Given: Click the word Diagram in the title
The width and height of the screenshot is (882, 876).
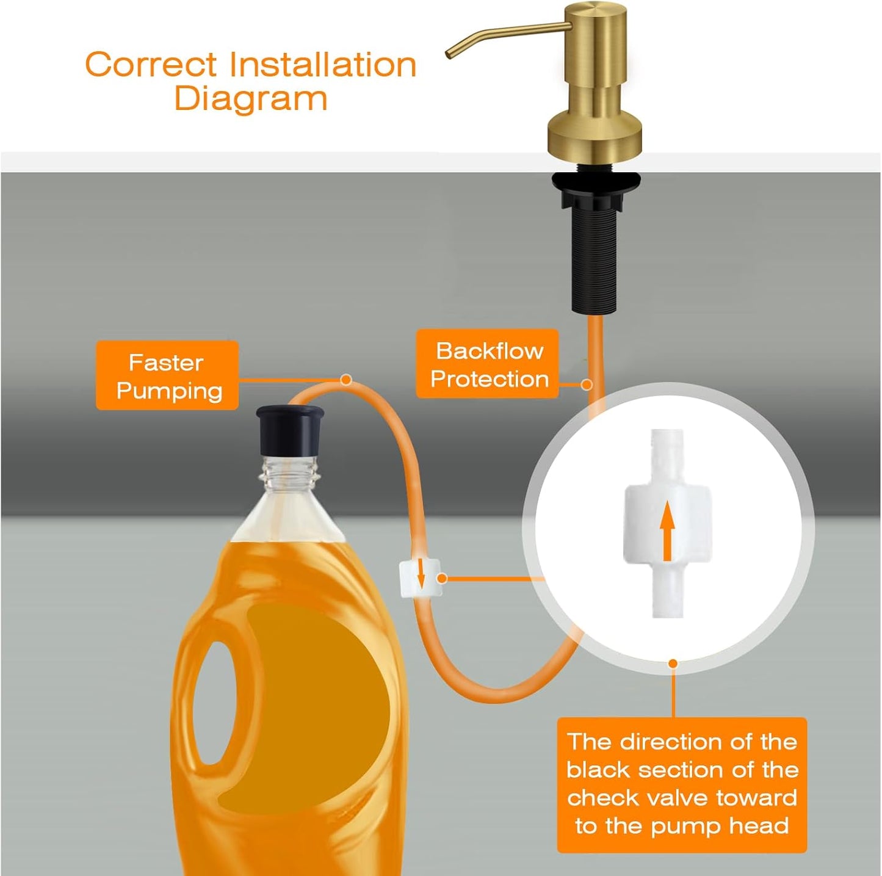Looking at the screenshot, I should (250, 99).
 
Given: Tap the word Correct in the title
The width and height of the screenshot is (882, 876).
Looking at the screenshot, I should (150, 65).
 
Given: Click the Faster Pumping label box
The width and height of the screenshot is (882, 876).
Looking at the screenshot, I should (167, 375).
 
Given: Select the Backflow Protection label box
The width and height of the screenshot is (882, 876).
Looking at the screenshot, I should (488, 364).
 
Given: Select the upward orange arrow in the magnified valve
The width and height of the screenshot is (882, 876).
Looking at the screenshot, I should (667, 530).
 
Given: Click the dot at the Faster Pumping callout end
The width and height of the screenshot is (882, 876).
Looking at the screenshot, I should (346, 380).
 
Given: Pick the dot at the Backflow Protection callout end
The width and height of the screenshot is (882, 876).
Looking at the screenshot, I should (587, 385).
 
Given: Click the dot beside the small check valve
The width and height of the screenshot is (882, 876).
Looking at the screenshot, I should (443, 577).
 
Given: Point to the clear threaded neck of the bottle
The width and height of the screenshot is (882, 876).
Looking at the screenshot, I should (290, 473).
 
